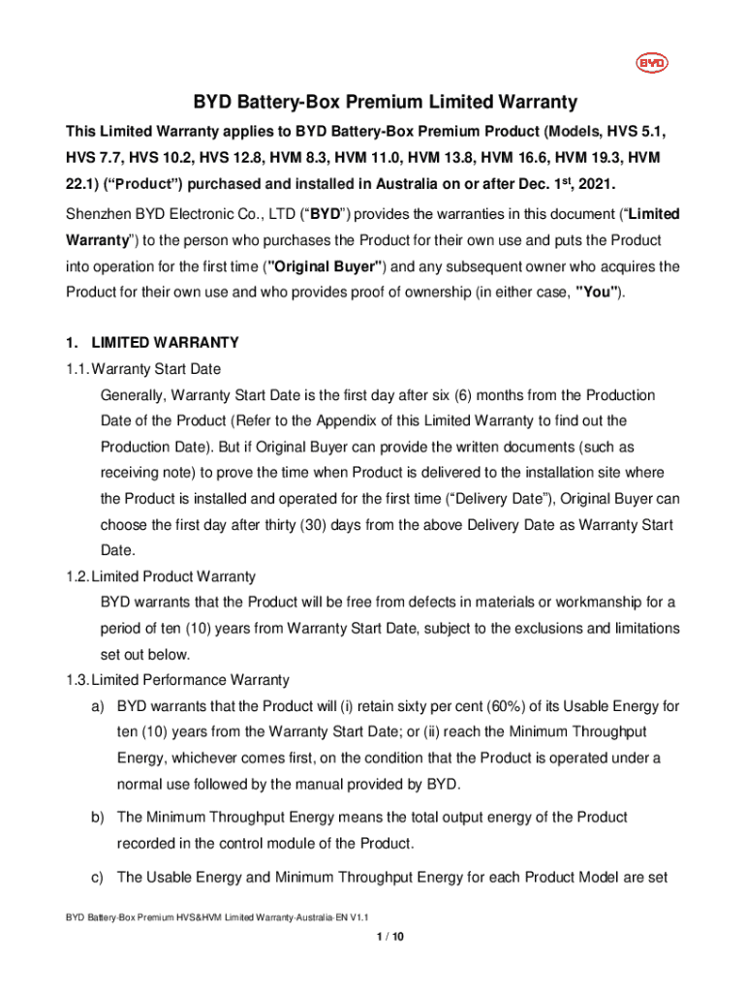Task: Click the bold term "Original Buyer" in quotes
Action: tap(332, 265)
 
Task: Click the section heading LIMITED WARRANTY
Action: tap(165, 343)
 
